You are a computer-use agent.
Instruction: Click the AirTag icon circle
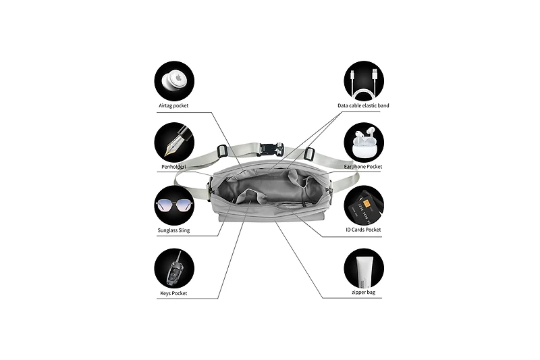(174, 81)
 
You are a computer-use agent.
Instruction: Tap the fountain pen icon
(174, 143)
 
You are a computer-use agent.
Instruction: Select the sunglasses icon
(174, 205)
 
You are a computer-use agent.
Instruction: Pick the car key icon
(174, 268)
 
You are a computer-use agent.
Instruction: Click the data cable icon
(364, 81)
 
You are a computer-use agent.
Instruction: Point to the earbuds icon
(364, 143)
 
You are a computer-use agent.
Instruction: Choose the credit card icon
(364, 205)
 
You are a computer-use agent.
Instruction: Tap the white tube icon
(364, 268)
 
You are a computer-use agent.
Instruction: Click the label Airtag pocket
(173, 106)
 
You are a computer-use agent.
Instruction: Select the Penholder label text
(173, 167)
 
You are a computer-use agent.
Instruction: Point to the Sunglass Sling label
(173, 230)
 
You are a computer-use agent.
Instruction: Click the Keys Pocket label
(173, 294)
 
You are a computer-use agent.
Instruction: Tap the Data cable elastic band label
(363, 105)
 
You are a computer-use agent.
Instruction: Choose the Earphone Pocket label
(363, 167)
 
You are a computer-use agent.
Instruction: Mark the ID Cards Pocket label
(363, 230)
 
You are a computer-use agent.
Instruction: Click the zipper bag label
(363, 292)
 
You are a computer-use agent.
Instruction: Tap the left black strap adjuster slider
(222, 151)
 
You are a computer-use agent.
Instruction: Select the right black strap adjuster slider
(310, 154)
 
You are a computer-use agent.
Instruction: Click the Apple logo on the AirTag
(179, 78)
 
